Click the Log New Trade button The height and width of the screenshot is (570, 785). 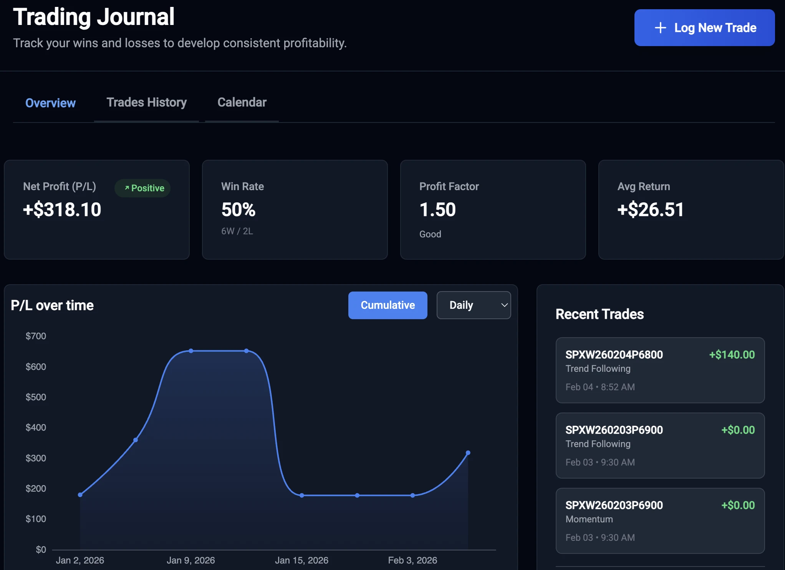pos(704,28)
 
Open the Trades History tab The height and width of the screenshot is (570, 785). pos(146,103)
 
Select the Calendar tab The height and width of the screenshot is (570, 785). pos(242,103)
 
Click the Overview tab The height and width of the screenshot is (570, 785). pos(50,103)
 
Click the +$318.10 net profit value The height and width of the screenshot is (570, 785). pos(62,210)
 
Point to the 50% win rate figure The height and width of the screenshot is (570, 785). pos(238,210)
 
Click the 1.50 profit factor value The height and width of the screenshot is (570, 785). pos(437,210)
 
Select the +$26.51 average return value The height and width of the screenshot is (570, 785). pos(650,210)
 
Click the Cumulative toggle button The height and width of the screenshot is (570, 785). pos(388,305)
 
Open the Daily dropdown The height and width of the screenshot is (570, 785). pos(474,305)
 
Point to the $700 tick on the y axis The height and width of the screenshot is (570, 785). pos(36,336)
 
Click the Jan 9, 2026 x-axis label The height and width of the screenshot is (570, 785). pos(190,560)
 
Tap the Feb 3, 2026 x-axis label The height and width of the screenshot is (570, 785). pos(412,560)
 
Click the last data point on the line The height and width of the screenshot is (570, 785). pos(468,453)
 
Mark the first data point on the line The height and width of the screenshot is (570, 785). pos(80,495)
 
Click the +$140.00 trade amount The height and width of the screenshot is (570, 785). pos(732,355)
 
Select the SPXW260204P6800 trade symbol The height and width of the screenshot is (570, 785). pos(614,355)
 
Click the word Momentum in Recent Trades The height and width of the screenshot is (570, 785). pos(589,519)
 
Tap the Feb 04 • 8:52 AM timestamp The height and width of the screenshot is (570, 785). pos(600,387)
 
